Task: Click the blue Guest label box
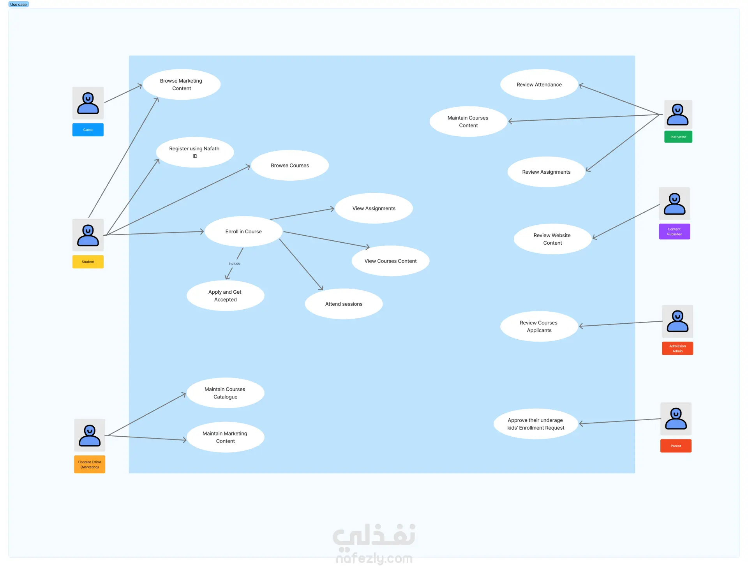point(88,130)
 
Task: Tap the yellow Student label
point(88,262)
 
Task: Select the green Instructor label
point(678,137)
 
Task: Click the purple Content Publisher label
point(674,231)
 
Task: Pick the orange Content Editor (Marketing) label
point(90,464)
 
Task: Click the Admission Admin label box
point(677,348)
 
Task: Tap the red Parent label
point(676,446)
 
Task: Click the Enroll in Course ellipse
point(243,231)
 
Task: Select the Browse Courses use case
point(290,165)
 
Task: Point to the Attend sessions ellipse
point(344,304)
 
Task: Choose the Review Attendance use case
point(539,85)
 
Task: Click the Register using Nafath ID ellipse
point(194,152)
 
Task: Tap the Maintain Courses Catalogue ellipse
point(225,393)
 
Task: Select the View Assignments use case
point(374,208)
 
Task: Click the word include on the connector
point(235,264)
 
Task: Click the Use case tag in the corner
point(18,4)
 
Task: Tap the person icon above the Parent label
point(676,419)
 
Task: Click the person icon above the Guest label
point(88,103)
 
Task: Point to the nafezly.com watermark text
point(374,558)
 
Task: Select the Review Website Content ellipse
point(552,239)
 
